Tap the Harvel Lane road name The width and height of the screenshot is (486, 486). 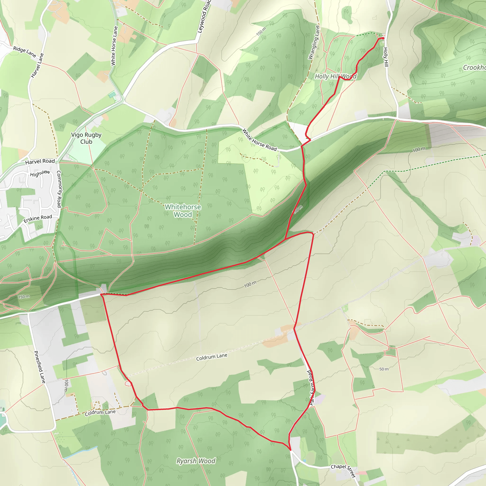(37, 66)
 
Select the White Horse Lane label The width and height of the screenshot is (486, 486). (114, 46)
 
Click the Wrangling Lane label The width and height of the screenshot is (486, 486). (314, 42)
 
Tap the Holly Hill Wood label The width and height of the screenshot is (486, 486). (336, 76)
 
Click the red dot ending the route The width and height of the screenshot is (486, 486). (383, 38)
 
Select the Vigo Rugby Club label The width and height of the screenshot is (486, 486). (86, 138)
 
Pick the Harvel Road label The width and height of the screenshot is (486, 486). (40, 161)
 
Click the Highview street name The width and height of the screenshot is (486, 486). (40, 173)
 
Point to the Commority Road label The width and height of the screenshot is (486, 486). (59, 189)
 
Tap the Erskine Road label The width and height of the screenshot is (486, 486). (38, 218)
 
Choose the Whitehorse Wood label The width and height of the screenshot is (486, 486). (183, 210)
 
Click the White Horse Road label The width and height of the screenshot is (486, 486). (259, 140)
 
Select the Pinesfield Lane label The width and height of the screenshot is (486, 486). (40, 367)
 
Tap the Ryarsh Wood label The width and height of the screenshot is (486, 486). (196, 461)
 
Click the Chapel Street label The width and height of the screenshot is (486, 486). (343, 471)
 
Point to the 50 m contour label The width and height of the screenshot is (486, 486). (384, 369)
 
